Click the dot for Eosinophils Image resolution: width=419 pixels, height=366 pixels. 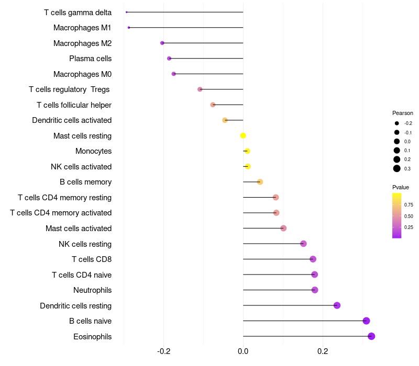tap(371, 336)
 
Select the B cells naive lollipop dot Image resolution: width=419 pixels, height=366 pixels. tap(366, 321)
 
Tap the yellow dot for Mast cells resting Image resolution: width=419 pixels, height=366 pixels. tap(243, 135)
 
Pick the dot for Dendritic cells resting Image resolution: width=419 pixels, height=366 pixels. tap(337, 305)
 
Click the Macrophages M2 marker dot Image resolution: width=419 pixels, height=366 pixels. tap(162, 43)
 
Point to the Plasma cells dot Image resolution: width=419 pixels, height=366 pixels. tap(169, 59)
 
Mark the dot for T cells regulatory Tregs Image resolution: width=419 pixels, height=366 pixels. tap(200, 89)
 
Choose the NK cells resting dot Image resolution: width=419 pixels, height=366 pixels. tap(303, 244)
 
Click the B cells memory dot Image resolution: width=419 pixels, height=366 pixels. tap(260, 182)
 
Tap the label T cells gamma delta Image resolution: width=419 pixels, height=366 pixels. tap(78, 12)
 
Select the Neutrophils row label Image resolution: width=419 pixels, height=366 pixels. tap(92, 290)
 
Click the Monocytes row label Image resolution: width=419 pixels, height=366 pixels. tap(93, 151)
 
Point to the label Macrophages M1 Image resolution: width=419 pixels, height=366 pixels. tap(82, 28)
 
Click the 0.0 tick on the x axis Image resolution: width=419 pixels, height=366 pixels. tap(243, 350)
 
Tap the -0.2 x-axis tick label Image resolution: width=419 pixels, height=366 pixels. tap(163, 350)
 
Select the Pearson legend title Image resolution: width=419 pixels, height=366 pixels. tap(403, 113)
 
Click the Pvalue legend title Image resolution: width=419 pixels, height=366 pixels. tap(401, 187)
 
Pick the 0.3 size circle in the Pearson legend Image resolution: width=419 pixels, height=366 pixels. tap(397, 168)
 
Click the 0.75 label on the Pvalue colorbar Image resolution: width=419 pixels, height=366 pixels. tap(409, 204)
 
